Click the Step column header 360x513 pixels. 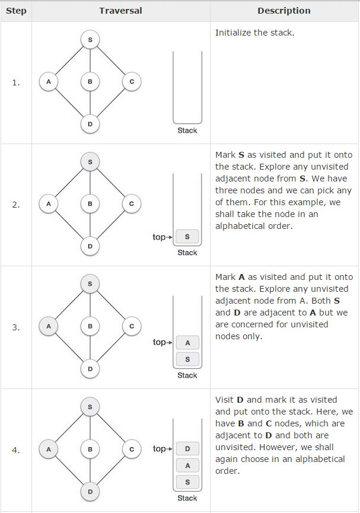(16, 11)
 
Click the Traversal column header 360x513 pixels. (120, 11)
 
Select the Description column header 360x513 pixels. (284, 11)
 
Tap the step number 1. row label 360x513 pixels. (16, 82)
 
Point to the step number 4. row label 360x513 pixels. (16, 450)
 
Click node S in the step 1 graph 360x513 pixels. (90, 40)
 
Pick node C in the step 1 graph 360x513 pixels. (132, 82)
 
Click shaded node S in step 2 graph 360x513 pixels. (90, 162)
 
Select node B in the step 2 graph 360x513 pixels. (90, 204)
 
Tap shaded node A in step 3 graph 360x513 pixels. (49, 326)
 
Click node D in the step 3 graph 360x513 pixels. (90, 368)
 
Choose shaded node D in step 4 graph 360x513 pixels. (90, 491)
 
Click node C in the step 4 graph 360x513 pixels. (132, 449)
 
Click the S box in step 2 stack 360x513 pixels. (187, 237)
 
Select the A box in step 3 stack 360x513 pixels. (187, 342)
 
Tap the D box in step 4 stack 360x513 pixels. (187, 448)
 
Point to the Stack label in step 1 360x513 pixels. (187, 130)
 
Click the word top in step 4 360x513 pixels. (159, 448)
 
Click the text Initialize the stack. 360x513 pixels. (254, 33)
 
